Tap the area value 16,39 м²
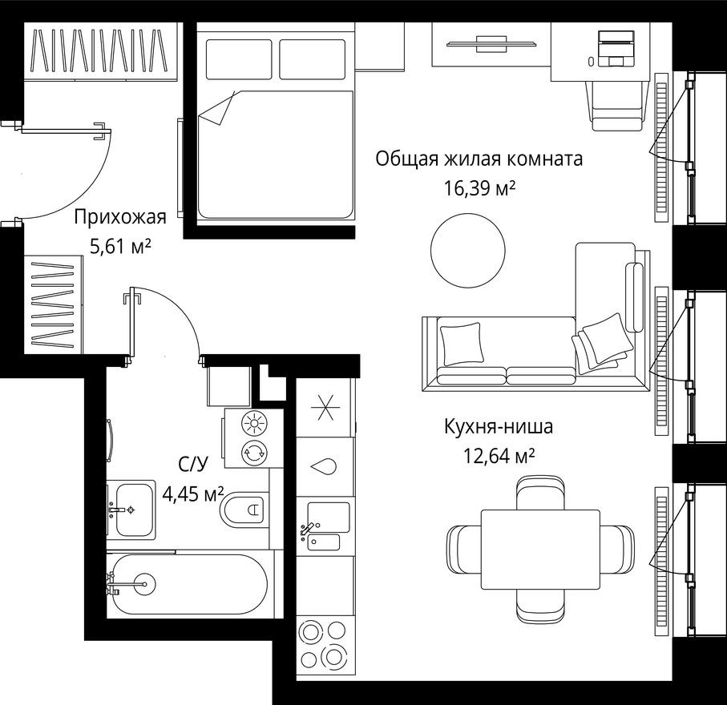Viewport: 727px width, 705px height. tap(479, 188)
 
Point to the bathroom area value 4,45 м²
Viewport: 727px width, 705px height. tap(192, 493)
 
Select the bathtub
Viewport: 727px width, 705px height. tap(191, 584)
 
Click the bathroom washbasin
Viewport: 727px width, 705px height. tap(130, 510)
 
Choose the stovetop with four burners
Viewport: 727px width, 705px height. tap(325, 645)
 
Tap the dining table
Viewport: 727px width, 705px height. tap(540, 549)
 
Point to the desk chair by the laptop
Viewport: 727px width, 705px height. tap(618, 104)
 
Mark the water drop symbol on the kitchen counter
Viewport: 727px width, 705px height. tap(325, 466)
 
